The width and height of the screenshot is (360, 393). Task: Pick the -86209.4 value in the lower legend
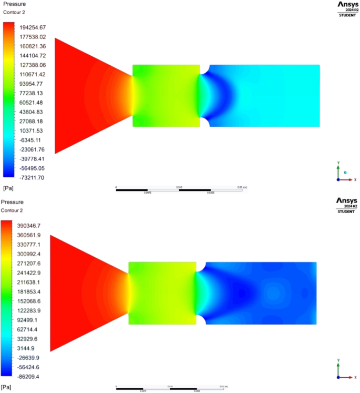coord(32,377)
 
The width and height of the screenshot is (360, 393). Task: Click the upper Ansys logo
coord(345,7)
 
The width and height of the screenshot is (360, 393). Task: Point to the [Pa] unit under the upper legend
coord(8,188)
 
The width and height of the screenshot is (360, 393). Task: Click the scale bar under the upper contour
coord(179,189)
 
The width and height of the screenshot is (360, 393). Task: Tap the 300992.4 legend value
coord(32,254)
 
